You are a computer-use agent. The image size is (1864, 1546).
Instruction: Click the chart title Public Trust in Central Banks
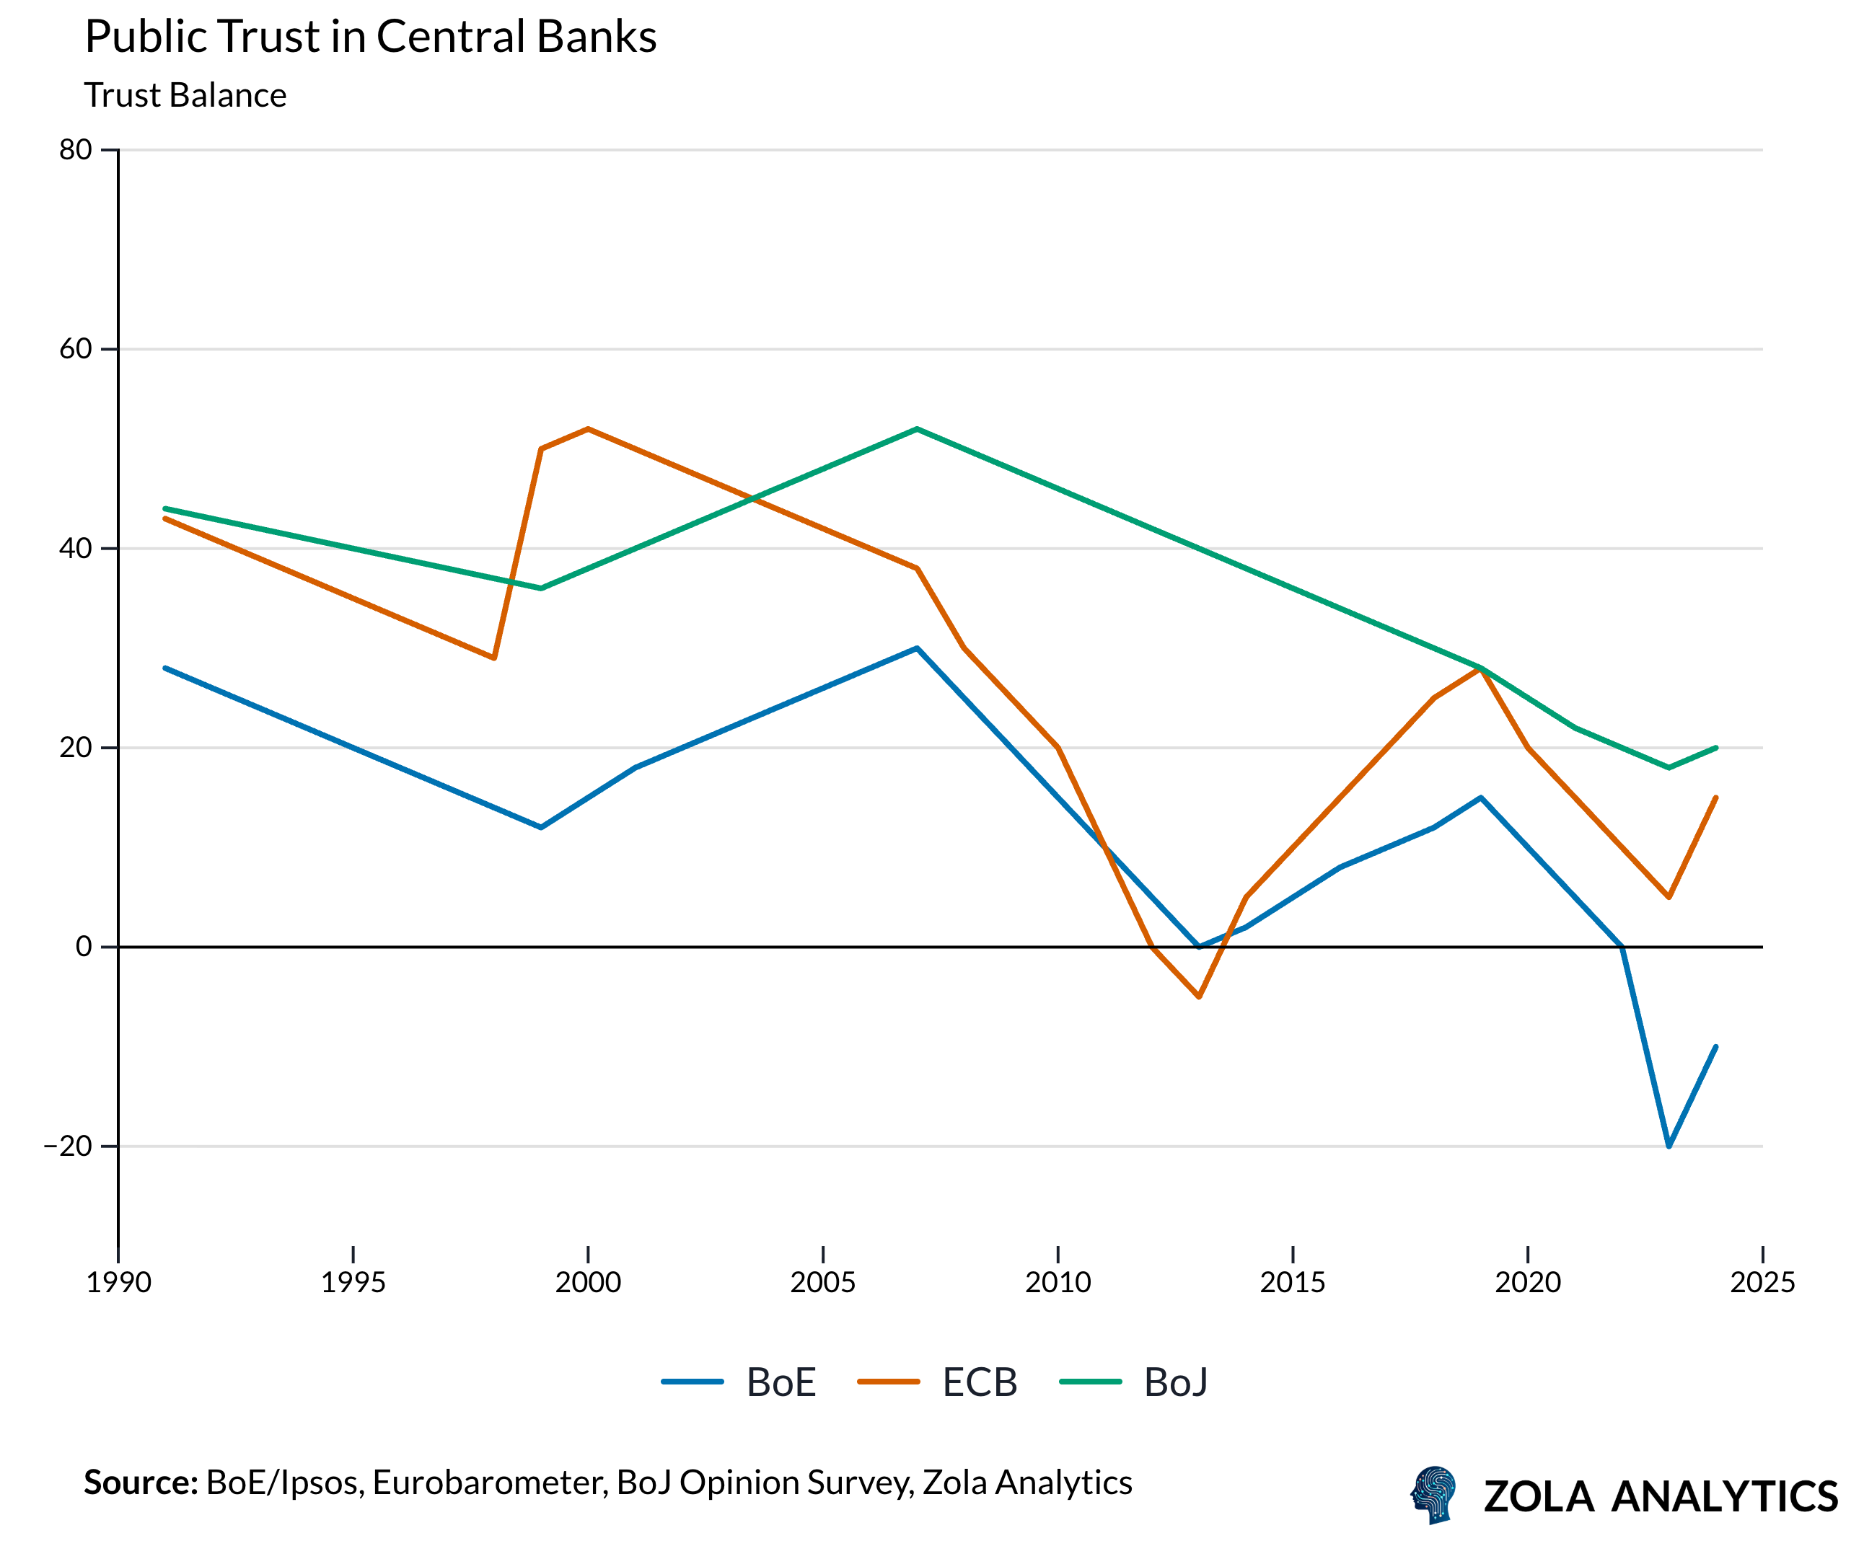click(x=370, y=37)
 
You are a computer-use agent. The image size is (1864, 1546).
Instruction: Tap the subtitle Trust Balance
click(x=185, y=96)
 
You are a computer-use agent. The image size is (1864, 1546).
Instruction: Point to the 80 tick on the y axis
click(x=76, y=150)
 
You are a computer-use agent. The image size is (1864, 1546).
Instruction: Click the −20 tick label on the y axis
click(x=69, y=1146)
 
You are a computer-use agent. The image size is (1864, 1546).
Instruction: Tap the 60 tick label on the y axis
click(x=76, y=349)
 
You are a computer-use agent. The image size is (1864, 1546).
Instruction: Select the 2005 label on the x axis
click(x=823, y=1282)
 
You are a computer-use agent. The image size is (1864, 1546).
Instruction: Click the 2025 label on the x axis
click(x=1762, y=1282)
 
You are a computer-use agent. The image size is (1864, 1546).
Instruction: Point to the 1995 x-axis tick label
click(x=353, y=1282)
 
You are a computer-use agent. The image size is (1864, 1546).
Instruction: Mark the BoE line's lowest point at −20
click(x=1669, y=1146)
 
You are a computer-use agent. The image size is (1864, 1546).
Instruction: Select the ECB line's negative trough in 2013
click(x=1199, y=997)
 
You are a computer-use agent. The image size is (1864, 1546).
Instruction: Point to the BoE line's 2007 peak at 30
click(x=917, y=648)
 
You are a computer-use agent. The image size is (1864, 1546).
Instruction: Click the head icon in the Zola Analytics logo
click(x=1433, y=1495)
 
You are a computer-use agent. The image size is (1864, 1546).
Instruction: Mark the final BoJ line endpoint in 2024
click(x=1716, y=748)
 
